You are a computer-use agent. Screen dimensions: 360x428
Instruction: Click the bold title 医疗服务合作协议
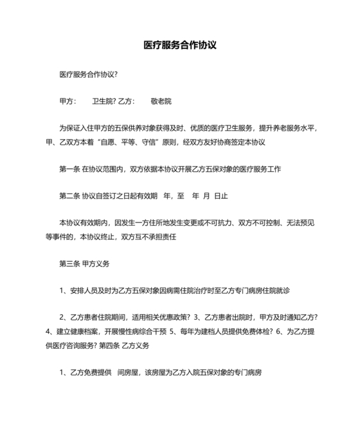click(180, 46)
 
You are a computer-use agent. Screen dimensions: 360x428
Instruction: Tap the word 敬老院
click(160, 102)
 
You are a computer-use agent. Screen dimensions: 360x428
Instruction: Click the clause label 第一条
click(70, 169)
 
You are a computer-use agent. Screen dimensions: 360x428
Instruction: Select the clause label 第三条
click(70, 264)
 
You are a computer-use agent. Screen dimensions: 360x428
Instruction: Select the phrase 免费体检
click(253, 331)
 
